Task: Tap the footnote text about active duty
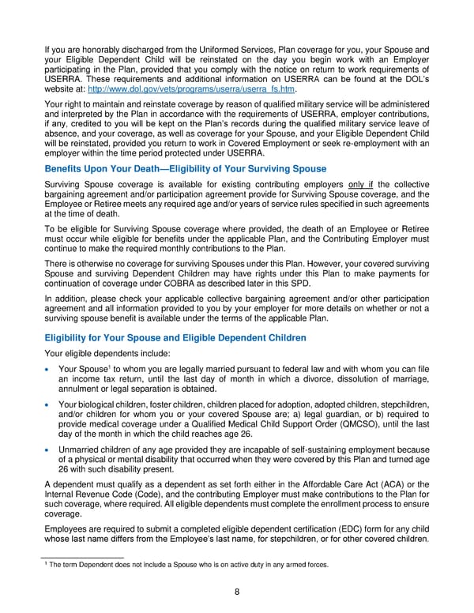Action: point(187,564)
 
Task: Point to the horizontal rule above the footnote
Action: point(86,557)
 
